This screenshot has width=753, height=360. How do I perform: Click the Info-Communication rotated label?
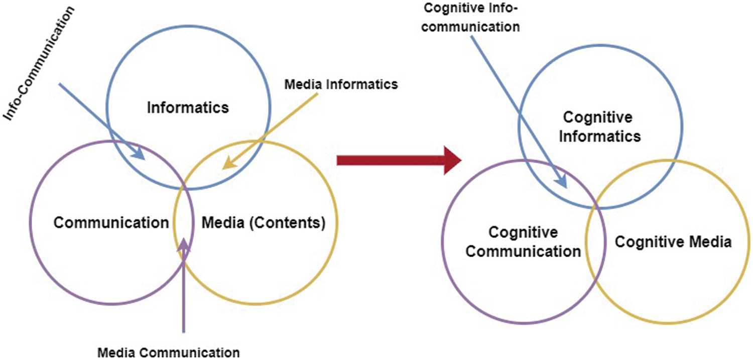[x=38, y=63]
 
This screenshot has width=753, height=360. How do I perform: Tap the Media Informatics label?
[x=341, y=84]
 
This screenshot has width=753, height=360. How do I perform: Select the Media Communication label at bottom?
[x=168, y=352]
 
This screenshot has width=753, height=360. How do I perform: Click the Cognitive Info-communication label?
[x=470, y=18]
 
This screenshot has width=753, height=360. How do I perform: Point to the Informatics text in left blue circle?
[x=188, y=107]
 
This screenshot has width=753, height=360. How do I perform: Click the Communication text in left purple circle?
[x=111, y=222]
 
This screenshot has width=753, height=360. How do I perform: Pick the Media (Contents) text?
[x=264, y=223]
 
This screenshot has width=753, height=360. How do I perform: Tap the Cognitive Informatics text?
[x=600, y=127]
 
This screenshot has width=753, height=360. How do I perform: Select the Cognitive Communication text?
[x=523, y=242]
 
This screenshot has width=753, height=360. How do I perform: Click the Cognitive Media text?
[x=673, y=242]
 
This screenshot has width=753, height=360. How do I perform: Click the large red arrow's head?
[x=452, y=160]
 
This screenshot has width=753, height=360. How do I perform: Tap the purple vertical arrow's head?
[x=184, y=245]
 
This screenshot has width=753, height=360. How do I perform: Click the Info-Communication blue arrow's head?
[x=138, y=154]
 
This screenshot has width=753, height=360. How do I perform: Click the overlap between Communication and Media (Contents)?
[x=184, y=222]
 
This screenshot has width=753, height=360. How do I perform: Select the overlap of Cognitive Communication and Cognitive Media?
[x=595, y=242]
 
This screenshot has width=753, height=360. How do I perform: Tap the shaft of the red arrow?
[x=391, y=160]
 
